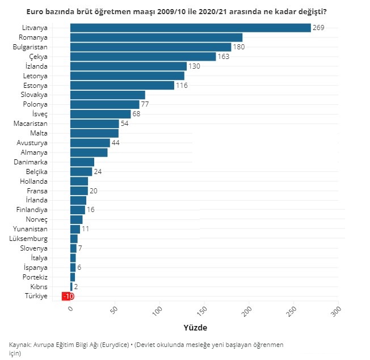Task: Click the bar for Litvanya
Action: coord(190,28)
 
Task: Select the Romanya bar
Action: coord(156,37)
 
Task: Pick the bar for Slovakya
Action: coord(108,95)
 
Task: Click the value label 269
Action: coord(318,28)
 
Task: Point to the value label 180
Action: coord(238,47)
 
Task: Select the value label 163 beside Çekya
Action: coord(224,57)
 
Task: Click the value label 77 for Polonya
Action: coord(145,104)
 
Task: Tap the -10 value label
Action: coord(68,296)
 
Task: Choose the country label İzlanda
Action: coord(37,66)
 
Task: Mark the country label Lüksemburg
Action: coord(32,239)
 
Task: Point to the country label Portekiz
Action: coord(36,277)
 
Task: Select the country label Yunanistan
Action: coord(33,229)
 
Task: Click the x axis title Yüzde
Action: coord(195,328)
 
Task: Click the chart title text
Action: coord(184,11)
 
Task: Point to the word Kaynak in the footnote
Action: coord(20,345)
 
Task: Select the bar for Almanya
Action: coord(89,153)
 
